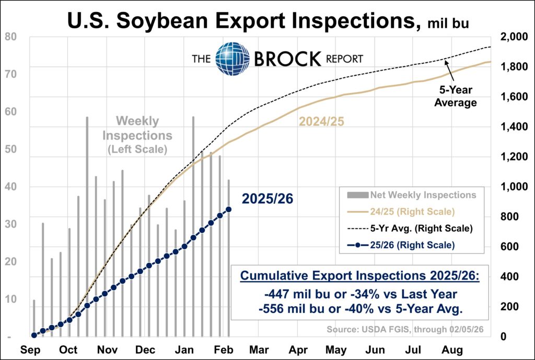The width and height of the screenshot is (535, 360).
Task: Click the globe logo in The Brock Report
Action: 232,58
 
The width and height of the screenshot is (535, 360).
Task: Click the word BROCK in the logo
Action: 287,59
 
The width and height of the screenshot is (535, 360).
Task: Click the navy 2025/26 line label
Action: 267,199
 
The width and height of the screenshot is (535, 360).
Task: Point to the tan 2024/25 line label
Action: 321,122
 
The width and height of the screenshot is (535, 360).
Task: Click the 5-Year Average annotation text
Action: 456,97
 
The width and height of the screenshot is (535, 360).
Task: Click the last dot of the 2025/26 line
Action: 228,210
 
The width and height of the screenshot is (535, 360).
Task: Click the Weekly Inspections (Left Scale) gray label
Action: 137,135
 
